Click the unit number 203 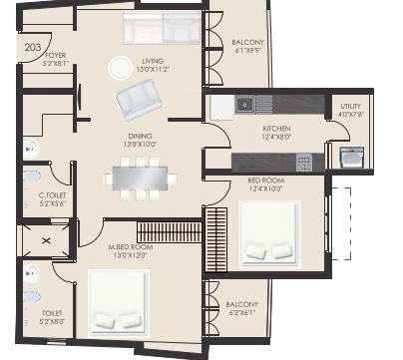pyautogui.click(x=33, y=45)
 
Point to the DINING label pyautogui.click(x=139, y=137)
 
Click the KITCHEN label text pyautogui.click(x=248, y=130)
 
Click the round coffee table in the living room pyautogui.click(x=119, y=68)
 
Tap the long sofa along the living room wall pyautogui.click(x=161, y=29)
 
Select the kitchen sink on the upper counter pyautogui.click(x=245, y=103)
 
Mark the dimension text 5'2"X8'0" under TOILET pyautogui.click(x=52, y=322)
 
